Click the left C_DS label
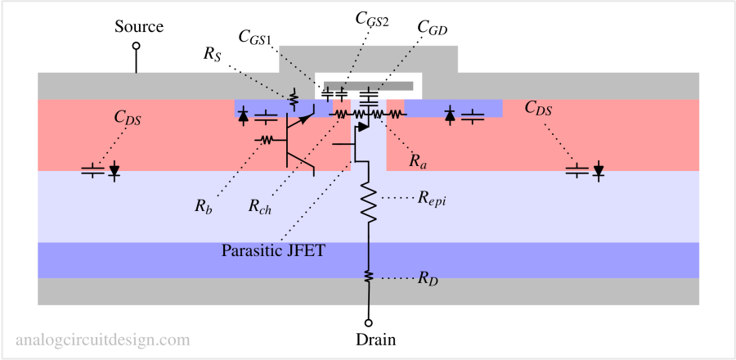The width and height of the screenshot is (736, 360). (x=127, y=117)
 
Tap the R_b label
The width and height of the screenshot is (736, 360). (x=203, y=207)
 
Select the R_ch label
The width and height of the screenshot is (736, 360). (x=259, y=207)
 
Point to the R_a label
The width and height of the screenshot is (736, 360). (x=418, y=161)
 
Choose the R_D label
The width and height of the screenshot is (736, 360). (x=428, y=278)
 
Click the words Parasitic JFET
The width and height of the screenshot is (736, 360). (x=273, y=250)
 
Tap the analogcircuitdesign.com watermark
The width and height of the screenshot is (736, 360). (x=103, y=340)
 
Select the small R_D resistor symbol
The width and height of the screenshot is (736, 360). (x=369, y=277)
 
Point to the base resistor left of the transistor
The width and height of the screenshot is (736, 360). (x=265, y=140)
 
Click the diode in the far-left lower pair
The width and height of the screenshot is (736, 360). (x=114, y=171)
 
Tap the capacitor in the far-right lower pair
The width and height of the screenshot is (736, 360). (x=577, y=170)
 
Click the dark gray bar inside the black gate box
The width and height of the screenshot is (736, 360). (x=367, y=85)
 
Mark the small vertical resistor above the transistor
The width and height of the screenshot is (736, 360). (x=293, y=99)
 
